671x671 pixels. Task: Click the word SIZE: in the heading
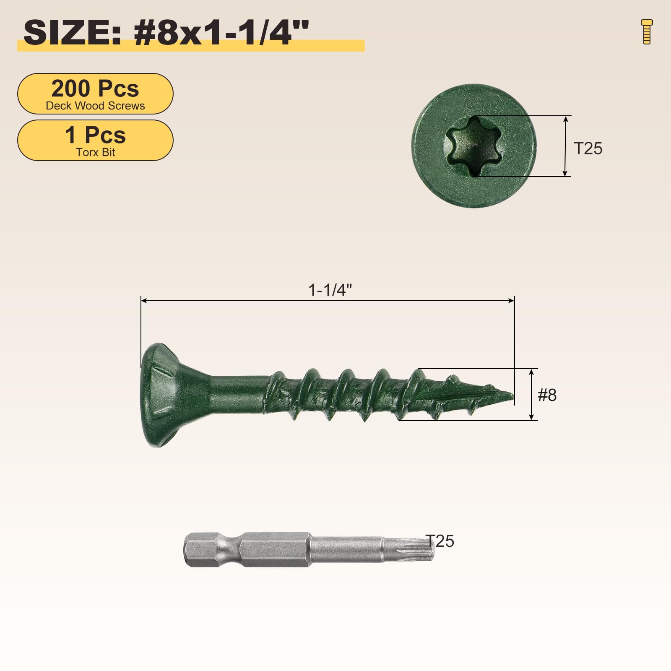coord(72,33)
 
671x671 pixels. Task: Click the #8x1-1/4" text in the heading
coord(221,33)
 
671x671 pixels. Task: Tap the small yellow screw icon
coord(647,31)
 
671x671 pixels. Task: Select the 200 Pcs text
coord(95,88)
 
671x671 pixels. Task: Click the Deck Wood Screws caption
coord(95,106)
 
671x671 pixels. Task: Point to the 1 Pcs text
coord(95,135)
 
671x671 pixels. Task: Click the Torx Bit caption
coord(95,152)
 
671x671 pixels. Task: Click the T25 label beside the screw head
coord(588,148)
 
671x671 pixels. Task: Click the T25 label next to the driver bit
coord(440,541)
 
